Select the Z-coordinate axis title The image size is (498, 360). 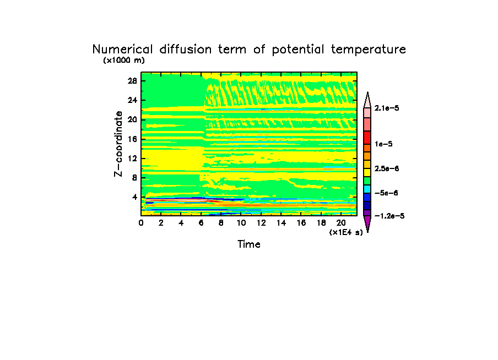tap(118, 144)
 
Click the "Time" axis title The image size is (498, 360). tap(249, 244)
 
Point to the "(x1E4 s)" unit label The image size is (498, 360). tap(346, 232)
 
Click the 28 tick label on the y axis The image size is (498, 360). tap(132, 80)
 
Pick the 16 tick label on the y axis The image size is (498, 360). tap(132, 139)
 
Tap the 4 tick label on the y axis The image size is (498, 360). tap(134, 197)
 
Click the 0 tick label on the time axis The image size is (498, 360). tap(141, 223)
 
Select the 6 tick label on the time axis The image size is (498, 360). tap(201, 223)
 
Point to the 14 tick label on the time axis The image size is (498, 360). tap(282, 223)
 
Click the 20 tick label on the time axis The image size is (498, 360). tap(342, 223)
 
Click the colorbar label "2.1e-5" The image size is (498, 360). tap(387, 108)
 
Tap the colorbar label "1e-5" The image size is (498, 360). tap(383, 144)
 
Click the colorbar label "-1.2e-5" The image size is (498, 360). tap(389, 216)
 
